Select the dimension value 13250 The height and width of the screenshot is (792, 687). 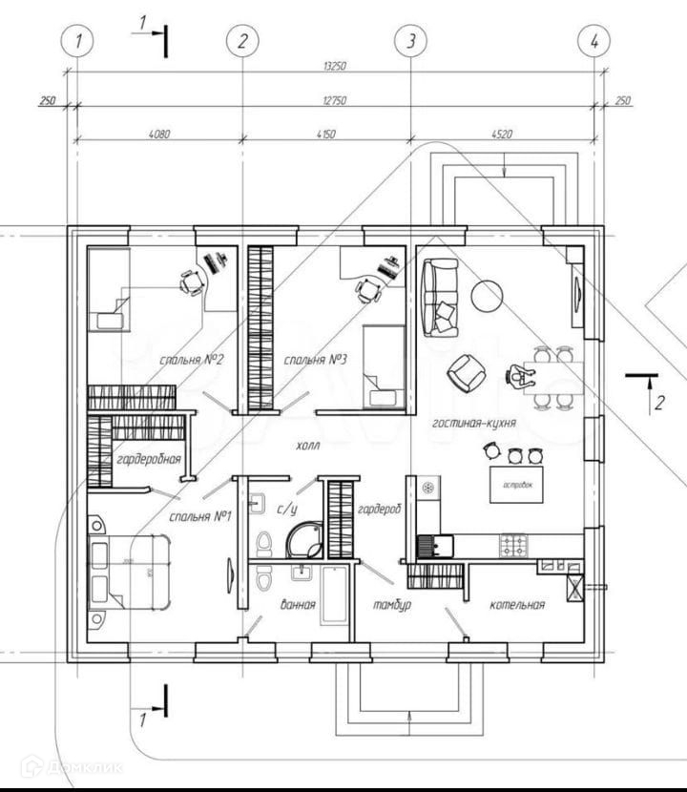[333, 67]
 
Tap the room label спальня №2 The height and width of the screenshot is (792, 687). [193, 360]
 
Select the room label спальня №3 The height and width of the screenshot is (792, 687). [314, 360]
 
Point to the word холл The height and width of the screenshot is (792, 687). [307, 445]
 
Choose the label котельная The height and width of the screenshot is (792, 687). [517, 604]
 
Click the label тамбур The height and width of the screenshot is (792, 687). [392, 605]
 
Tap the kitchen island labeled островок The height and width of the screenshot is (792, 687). [516, 485]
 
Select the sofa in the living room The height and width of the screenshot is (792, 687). [440, 297]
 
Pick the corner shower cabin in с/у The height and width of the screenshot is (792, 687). [304, 539]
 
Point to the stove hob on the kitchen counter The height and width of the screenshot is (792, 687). [513, 546]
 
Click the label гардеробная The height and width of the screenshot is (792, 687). [149, 459]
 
